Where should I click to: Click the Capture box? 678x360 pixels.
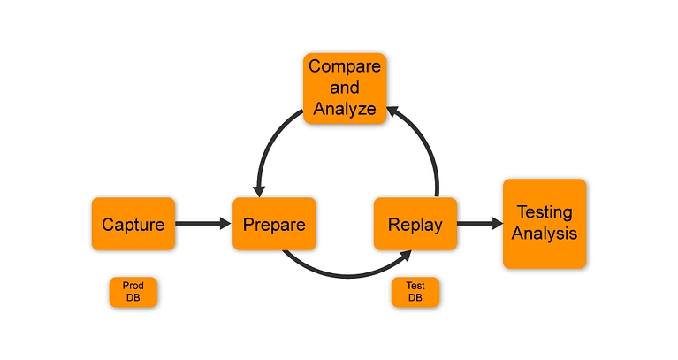coord(133,224)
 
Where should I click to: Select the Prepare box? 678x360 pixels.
coord(274,224)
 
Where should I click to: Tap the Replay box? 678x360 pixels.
coord(415,224)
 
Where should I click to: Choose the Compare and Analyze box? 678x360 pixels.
coord(345,88)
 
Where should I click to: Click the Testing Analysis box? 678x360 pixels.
coord(545,224)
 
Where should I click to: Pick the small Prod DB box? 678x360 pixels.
coord(133,292)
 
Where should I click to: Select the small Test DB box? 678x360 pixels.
coord(415,292)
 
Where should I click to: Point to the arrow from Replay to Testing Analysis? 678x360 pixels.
coord(478,224)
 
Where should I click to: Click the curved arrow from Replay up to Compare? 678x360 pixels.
coord(426,142)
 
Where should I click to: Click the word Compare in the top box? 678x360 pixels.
coord(345,66)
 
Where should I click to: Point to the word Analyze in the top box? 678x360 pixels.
coord(345,110)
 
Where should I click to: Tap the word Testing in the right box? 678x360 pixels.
coord(545,213)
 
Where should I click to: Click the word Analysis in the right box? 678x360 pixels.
coord(545,234)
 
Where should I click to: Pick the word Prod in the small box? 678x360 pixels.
coord(133,286)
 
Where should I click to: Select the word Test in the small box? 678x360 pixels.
coord(415,286)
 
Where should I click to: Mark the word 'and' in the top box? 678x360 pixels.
coord(345,88)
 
